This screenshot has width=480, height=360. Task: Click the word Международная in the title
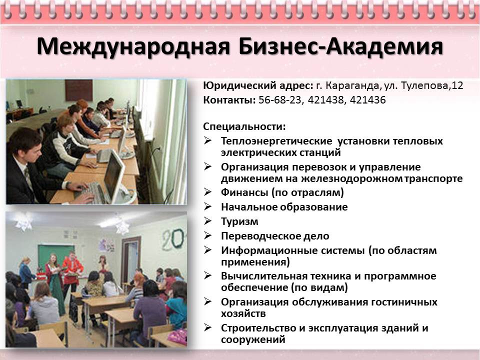coord(133,46)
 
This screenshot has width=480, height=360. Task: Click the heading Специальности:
coord(244,126)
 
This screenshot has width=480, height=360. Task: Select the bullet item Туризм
coord(239,221)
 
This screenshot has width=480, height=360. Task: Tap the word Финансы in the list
coord(244,192)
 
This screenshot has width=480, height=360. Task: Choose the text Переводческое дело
coord(275,236)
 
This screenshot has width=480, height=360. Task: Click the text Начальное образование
coord(284,207)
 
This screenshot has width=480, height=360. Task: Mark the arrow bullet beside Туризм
coord(208,220)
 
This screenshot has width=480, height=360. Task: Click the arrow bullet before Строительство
coord(208,327)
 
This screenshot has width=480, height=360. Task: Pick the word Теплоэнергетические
coord(276,141)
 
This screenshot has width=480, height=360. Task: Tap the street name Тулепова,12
coord(432,85)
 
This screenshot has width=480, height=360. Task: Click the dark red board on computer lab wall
coord(78,90)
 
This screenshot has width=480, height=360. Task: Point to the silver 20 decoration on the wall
coord(173,239)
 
